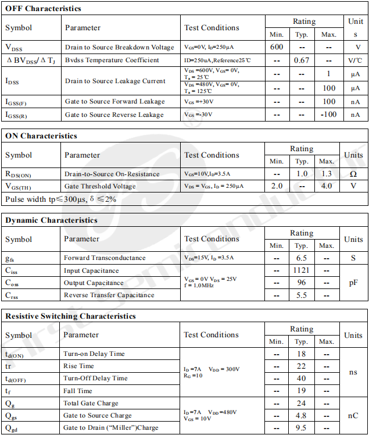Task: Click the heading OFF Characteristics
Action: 43,9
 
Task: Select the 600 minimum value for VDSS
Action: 277,47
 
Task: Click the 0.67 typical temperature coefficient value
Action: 302,60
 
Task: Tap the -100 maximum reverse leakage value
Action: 329,115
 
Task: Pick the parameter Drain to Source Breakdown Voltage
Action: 119,47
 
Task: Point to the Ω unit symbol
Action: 353,174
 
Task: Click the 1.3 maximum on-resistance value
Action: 327,174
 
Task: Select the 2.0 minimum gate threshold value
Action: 277,186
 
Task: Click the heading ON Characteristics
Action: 41,136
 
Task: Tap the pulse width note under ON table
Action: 61,199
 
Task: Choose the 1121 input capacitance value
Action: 302,270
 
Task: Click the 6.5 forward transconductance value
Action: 302,258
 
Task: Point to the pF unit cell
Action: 353,283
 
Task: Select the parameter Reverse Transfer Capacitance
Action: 109,295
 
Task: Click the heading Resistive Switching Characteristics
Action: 71,316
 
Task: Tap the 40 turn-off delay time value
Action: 302,379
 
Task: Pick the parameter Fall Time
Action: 78,391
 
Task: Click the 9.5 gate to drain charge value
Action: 302,427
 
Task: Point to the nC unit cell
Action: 353,415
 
